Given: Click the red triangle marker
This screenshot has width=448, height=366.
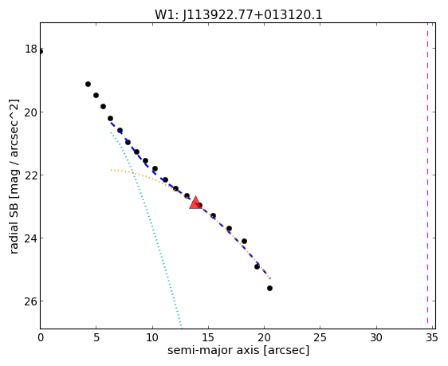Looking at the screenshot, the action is [195, 203].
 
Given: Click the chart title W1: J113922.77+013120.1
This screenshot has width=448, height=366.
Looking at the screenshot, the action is [238, 15].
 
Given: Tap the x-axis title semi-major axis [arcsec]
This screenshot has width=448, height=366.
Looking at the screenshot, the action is [238, 350].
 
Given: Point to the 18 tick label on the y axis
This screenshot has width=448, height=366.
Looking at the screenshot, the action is [31, 49].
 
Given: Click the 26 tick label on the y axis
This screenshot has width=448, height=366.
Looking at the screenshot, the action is [31, 301].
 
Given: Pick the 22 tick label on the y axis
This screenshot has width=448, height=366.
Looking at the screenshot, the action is [31, 175].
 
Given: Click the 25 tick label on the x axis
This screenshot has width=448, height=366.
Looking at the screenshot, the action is [320, 338].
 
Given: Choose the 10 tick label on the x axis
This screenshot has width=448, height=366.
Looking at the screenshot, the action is [152, 338].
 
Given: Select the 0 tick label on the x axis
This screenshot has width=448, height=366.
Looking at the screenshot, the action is [41, 338].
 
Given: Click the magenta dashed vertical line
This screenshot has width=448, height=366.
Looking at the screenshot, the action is [428, 173].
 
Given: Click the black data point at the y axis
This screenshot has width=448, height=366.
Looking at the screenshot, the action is [41, 51].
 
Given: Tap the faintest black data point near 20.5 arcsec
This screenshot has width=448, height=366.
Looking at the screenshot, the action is [269, 289].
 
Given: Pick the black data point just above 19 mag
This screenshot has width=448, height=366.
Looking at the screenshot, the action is [88, 84].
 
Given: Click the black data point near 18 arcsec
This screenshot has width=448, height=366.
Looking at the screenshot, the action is [244, 241].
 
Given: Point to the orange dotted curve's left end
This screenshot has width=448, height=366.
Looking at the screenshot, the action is [111, 171].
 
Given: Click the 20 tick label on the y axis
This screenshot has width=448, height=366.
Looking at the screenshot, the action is [31, 112].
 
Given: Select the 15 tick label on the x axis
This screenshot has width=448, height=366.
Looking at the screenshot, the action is [208, 338].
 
